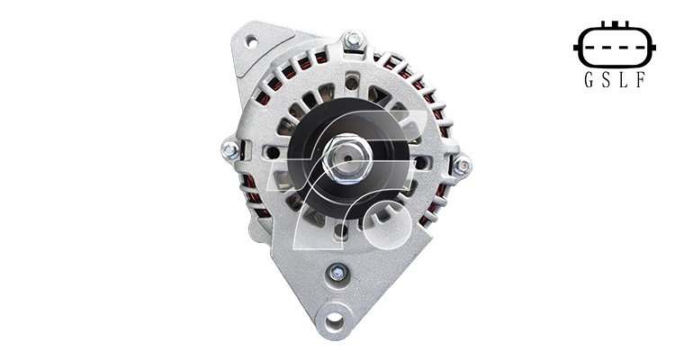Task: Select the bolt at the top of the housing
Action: pyautogui.click(x=354, y=40)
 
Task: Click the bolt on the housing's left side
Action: pyautogui.click(x=230, y=150)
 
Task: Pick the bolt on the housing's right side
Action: pyautogui.click(x=463, y=166)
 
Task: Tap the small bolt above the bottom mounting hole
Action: pyautogui.click(x=337, y=272)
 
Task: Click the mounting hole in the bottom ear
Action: pyautogui.click(x=334, y=319)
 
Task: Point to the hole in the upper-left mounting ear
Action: pyautogui.click(x=251, y=42)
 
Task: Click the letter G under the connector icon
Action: pyautogui.click(x=589, y=79)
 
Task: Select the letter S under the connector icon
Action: pyautogui.click(x=606, y=79)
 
